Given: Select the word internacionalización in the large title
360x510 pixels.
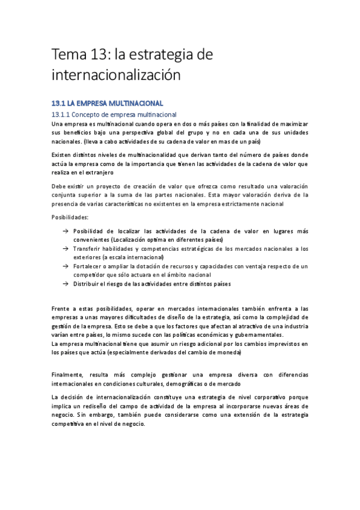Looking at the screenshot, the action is point(116,76).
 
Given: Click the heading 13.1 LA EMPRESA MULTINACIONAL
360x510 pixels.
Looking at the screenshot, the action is point(107,103).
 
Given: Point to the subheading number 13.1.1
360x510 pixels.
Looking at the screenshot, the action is point(64,114).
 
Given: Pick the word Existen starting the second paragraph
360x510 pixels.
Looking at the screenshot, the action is point(64,155).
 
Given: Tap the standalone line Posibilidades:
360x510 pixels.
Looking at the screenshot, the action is point(70,217).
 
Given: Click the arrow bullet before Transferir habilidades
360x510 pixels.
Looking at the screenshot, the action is point(65,248).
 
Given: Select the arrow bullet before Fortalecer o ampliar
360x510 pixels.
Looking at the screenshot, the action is point(65,266).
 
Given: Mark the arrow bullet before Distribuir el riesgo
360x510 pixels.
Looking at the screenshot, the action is point(65,283).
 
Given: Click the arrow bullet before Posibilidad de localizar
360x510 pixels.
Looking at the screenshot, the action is point(65,231).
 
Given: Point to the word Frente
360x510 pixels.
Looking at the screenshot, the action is point(63,308).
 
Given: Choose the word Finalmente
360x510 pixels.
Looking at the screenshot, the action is point(69,375).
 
